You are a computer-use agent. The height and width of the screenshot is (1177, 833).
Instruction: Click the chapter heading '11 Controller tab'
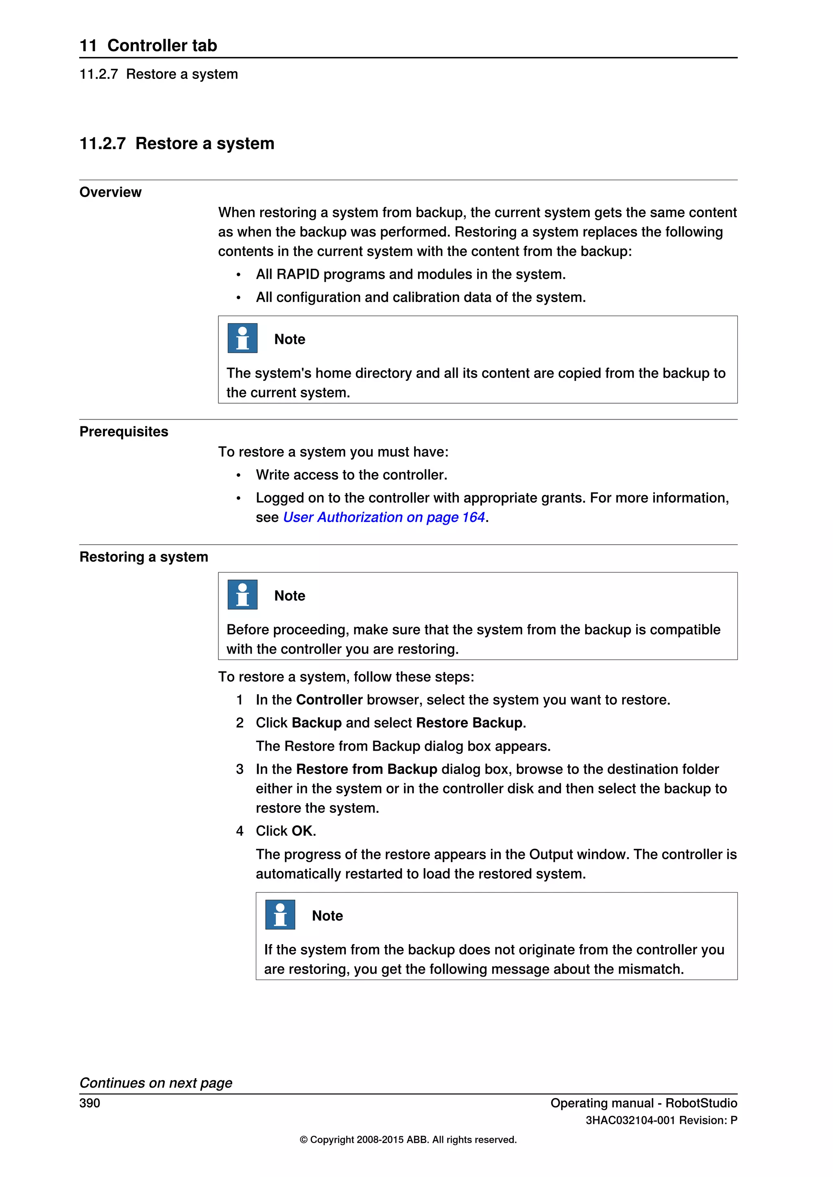(x=148, y=46)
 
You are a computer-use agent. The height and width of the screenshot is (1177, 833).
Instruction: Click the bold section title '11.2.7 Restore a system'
(x=177, y=143)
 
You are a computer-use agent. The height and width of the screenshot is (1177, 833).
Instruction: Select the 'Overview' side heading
(x=110, y=192)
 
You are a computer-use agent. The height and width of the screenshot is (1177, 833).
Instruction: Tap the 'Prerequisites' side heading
(x=124, y=432)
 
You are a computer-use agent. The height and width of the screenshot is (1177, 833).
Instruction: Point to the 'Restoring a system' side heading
(x=144, y=557)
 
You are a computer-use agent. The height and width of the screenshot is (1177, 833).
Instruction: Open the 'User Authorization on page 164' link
(x=384, y=517)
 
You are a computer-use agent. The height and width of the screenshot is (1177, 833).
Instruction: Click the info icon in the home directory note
(x=242, y=338)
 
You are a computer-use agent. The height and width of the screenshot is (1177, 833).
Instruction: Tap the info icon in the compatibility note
(x=242, y=595)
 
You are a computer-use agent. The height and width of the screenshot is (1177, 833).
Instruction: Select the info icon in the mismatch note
(x=280, y=914)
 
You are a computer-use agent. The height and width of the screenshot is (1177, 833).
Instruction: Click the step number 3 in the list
(x=240, y=769)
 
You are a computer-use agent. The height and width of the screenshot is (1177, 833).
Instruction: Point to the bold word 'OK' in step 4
(x=302, y=831)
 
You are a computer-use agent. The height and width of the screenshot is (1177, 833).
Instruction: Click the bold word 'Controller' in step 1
(x=329, y=700)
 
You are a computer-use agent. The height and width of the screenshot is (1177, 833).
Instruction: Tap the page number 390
(x=90, y=1103)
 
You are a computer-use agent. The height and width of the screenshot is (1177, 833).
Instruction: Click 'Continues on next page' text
(x=156, y=1083)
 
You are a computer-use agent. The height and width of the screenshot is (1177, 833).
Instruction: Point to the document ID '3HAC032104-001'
(x=630, y=1121)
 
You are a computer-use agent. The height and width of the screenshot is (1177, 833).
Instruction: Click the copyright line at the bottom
(x=408, y=1140)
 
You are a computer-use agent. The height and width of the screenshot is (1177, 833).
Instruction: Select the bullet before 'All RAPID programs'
(x=238, y=275)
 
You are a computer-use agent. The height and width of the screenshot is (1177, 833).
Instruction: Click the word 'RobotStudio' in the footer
(x=701, y=1103)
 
